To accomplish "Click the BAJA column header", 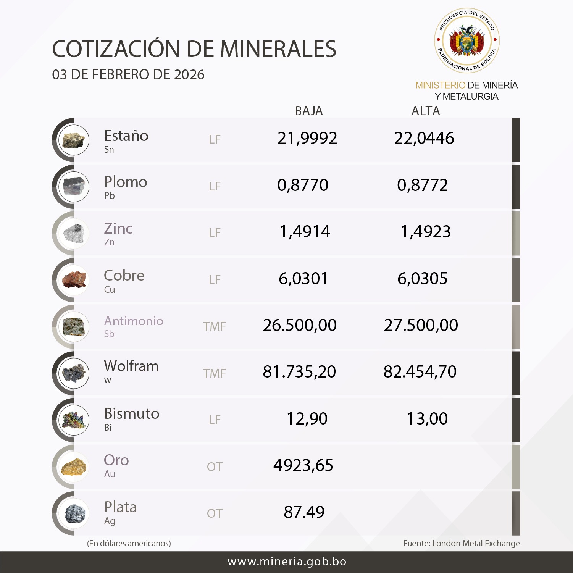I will click(309, 111).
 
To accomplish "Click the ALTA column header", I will click(426, 111).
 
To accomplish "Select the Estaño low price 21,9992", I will click(307, 138).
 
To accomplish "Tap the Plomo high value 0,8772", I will click(423, 185).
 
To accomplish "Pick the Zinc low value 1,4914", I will click(305, 232).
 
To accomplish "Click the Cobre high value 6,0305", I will click(423, 279).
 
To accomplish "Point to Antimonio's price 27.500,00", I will click(421, 325).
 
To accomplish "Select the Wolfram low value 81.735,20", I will click(299, 372).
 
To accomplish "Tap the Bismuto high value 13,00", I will click(427, 419).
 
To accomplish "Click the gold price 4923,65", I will click(303, 465).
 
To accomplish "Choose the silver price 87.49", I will click(304, 512).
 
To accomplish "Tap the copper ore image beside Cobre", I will click(74, 280).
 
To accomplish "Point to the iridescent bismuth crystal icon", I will click(74, 420).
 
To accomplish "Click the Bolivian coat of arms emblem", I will click(466, 40).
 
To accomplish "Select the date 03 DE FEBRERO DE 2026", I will click(128, 75).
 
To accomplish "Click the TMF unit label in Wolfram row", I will click(215, 373).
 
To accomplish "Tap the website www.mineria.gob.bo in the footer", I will click(287, 562).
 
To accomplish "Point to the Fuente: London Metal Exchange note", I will click(461, 543).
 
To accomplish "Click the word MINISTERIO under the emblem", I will click(440, 85).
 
